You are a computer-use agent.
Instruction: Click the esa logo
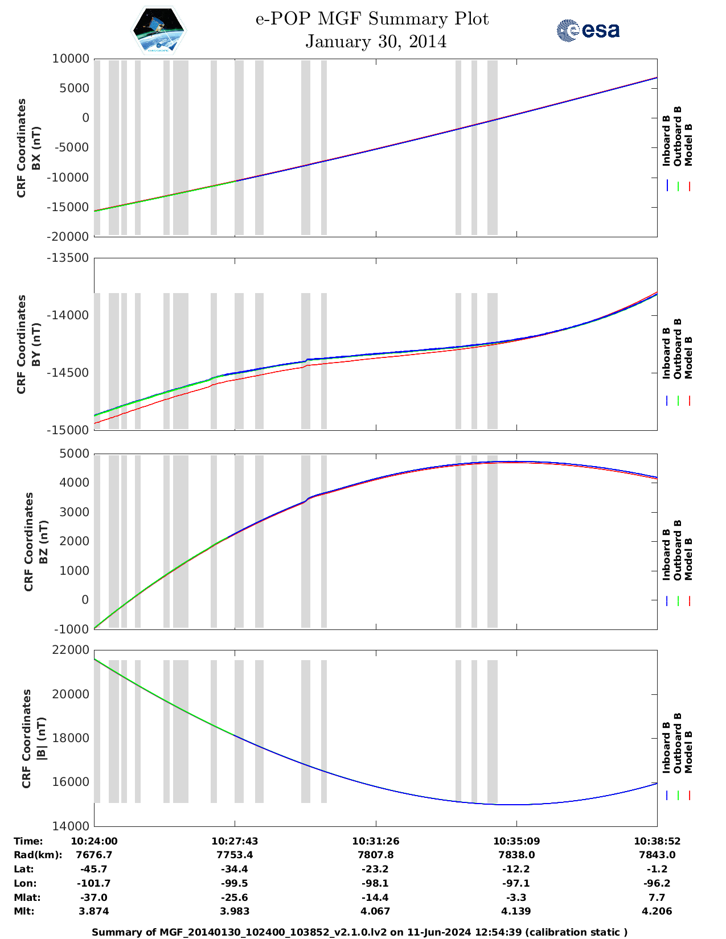(x=588, y=30)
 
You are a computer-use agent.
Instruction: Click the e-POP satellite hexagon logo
(x=159, y=30)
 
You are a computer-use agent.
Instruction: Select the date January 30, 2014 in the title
(x=376, y=42)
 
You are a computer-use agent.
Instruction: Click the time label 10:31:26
(x=376, y=841)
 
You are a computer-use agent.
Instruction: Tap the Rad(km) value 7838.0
(x=516, y=855)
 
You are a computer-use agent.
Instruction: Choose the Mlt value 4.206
(x=657, y=911)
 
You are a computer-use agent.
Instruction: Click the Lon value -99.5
(x=235, y=883)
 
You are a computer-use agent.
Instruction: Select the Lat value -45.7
(x=94, y=869)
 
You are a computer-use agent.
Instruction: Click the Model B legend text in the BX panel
(x=688, y=145)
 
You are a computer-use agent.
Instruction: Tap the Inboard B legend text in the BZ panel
(x=666, y=555)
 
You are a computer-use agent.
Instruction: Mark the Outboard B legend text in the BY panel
(x=678, y=348)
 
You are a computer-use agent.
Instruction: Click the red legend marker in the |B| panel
(x=689, y=796)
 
